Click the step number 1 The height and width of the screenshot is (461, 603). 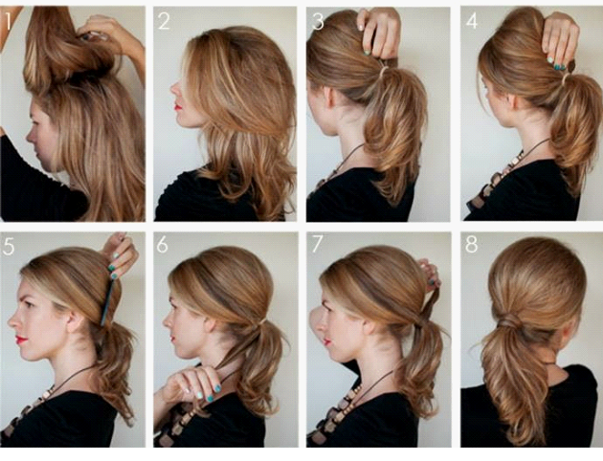[8, 21]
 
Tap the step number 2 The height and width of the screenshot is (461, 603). [164, 21]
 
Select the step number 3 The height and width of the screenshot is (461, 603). [318, 21]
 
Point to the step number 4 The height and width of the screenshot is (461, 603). [472, 21]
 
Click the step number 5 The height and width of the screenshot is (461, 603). [9, 246]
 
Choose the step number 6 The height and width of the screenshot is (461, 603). [163, 244]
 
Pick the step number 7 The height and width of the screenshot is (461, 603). [318, 244]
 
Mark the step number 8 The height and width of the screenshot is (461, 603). [472, 244]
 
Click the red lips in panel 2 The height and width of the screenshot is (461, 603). [178, 106]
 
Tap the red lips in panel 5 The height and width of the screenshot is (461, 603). [21, 340]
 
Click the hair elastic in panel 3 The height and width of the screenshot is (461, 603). [383, 71]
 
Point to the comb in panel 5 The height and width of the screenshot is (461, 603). [106, 302]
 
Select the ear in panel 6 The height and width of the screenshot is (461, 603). [210, 325]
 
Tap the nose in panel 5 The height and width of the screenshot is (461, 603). [12, 320]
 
